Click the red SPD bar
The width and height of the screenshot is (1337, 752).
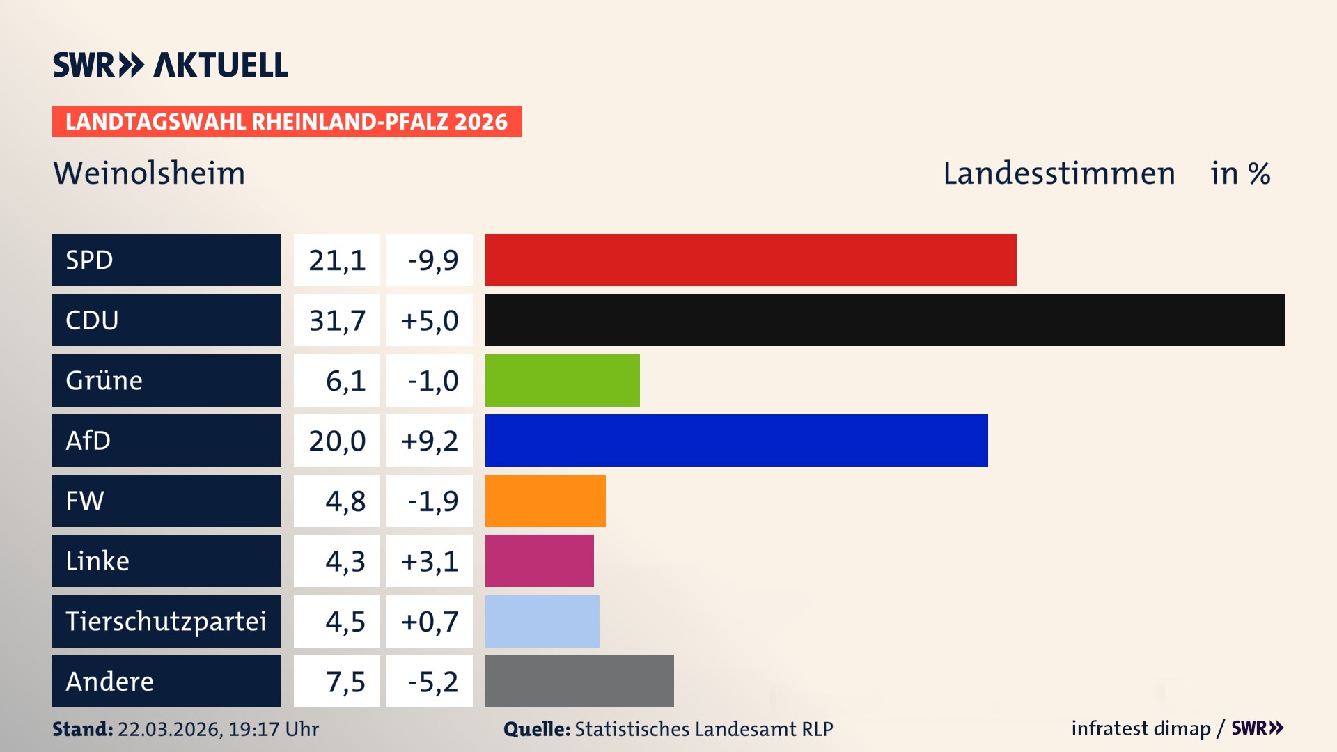pos(751,260)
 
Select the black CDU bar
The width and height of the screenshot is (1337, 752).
pos(884,320)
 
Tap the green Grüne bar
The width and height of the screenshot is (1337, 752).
pos(562,380)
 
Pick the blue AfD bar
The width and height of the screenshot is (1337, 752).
pos(736,440)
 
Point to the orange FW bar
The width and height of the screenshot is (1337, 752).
pos(545,501)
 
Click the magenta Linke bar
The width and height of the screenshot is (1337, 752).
pos(539,561)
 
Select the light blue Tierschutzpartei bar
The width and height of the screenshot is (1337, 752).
pos(542,621)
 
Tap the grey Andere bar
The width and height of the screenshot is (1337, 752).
pos(579,681)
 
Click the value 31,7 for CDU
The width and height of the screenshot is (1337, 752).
pos(337,320)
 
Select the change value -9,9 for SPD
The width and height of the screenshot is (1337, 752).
pos(432,260)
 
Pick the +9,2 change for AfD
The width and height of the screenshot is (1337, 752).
pos(430,441)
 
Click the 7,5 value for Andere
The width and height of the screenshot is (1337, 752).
pos(345,682)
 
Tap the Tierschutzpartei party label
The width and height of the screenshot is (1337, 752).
pos(166,621)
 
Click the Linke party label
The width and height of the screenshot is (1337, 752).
pos(97,561)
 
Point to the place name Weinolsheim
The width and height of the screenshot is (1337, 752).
pos(149,173)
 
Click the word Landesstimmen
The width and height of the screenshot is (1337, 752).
pos(1058,173)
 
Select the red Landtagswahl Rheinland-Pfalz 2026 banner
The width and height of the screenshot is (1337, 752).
pos(286,122)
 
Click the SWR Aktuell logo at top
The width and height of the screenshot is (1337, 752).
pos(170,65)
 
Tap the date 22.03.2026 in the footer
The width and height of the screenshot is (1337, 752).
pos(169,729)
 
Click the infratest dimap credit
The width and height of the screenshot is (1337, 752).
pos(1141,728)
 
